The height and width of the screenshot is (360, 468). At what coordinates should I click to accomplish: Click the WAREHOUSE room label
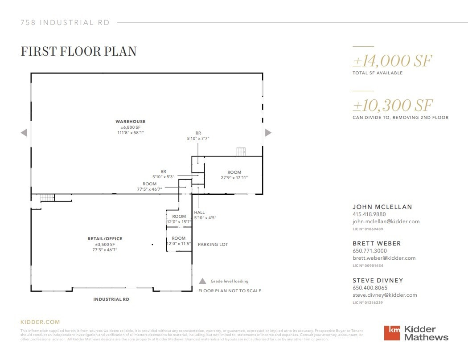[130, 122]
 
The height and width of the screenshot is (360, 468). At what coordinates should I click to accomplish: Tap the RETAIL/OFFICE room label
[105, 239]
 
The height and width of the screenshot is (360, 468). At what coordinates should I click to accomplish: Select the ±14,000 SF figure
[392, 61]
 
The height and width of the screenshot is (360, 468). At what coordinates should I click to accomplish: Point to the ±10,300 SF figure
[393, 106]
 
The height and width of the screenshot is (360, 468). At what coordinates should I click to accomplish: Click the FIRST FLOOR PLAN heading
[78, 51]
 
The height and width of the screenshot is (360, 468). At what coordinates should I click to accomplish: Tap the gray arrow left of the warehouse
[24, 132]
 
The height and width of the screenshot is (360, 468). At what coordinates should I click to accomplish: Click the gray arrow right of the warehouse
[268, 132]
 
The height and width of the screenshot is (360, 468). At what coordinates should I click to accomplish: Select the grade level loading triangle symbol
[202, 281]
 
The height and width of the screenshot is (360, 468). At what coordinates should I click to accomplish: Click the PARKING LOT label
[213, 245]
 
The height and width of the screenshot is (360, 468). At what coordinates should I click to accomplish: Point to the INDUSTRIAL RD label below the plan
[111, 299]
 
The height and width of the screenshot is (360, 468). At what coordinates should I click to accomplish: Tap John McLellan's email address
[386, 221]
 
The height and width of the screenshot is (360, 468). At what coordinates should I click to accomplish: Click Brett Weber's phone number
[370, 251]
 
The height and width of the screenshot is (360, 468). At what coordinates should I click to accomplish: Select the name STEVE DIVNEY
[378, 281]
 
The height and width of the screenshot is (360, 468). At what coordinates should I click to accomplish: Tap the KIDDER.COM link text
[40, 322]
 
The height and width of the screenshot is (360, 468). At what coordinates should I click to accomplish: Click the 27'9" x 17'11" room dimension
[234, 178]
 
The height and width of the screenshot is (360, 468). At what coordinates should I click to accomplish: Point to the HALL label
[199, 213]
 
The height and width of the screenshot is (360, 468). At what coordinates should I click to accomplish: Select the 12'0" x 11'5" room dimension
[179, 244]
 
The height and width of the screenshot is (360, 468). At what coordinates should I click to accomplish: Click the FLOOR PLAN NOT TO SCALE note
[230, 291]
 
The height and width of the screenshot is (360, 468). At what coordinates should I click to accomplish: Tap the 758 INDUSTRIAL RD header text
[65, 23]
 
